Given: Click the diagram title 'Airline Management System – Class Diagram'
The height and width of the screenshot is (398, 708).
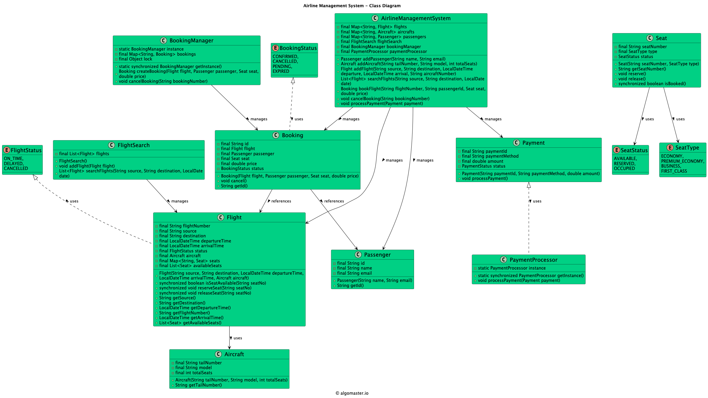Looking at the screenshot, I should click(352, 6).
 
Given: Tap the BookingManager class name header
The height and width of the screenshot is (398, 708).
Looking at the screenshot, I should click(191, 41).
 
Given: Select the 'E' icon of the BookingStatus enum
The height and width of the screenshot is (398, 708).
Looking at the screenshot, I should click(275, 48).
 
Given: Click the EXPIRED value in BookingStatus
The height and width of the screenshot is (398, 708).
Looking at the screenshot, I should click(281, 71).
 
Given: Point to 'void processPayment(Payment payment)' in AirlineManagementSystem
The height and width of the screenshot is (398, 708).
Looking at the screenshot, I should click(382, 103).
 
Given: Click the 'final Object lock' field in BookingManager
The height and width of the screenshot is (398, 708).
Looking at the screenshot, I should click(135, 59).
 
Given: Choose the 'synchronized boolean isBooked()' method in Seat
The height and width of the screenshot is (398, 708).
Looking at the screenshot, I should click(652, 84).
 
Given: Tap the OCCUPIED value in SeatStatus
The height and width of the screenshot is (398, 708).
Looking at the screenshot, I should click(624, 168).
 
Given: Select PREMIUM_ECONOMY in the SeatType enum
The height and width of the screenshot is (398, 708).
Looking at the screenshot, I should click(682, 161).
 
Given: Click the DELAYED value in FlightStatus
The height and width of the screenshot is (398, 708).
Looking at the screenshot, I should click(14, 164).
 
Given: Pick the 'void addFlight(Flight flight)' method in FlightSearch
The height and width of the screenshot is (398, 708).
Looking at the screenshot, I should click(87, 166).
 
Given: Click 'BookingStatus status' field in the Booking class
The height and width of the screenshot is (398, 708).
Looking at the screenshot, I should click(242, 168).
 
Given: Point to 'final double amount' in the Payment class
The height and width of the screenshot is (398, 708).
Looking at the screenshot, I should click(482, 161).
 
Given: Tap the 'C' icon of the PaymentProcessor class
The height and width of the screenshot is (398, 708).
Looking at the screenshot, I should click(503, 260).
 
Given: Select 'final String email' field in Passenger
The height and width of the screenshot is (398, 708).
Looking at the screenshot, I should click(354, 273).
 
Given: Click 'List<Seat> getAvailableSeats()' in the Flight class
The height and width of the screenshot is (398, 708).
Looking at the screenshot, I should click(190, 323).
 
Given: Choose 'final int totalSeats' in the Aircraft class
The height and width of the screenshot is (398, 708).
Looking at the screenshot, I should click(193, 373).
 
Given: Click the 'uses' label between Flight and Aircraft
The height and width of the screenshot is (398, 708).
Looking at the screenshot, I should click(237, 338).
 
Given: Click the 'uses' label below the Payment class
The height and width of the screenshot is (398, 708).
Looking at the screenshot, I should click(537, 201).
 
